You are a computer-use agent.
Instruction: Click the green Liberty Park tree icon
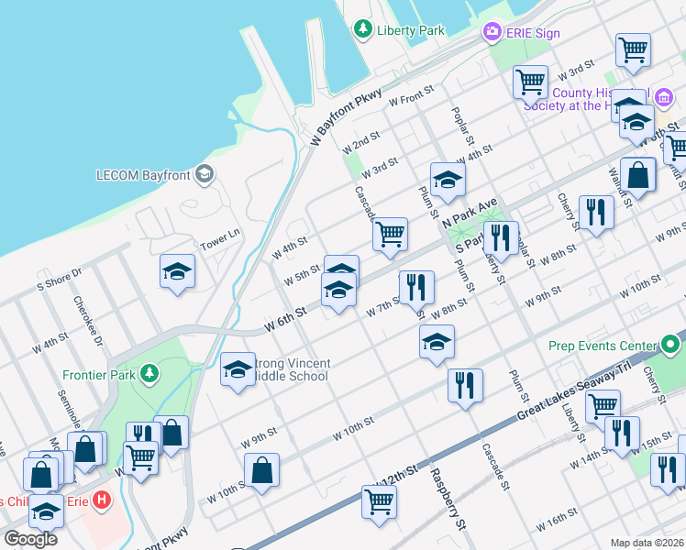[364, 29]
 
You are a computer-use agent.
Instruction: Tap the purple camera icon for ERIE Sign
[492, 33]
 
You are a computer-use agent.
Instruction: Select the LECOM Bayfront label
[146, 174]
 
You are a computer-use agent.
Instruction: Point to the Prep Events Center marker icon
[671, 346]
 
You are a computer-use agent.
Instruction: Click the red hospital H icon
[102, 501]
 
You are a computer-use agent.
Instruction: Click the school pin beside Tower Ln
[177, 272]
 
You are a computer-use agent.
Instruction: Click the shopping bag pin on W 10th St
[262, 469]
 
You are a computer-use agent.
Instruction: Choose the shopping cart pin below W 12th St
[379, 502]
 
